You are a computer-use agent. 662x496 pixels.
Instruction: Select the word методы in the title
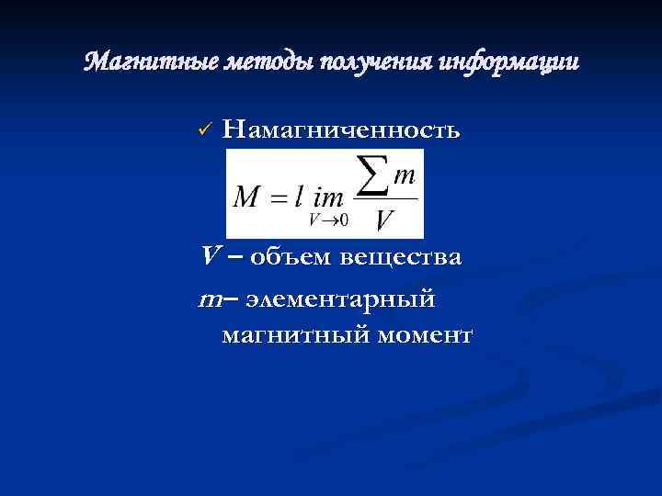258,63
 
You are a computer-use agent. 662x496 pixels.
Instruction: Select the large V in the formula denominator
386,220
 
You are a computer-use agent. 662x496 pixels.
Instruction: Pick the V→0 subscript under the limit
328,220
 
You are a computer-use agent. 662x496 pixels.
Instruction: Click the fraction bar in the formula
385,197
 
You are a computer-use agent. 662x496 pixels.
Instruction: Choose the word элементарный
348,299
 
